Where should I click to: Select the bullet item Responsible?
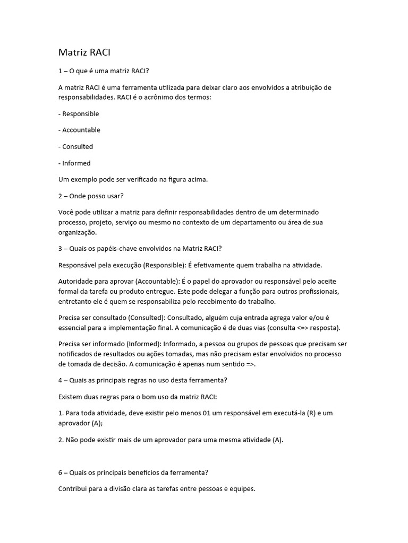[80, 113]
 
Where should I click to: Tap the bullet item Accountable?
[81, 130]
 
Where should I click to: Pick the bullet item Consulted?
[78, 146]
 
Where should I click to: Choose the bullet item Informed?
[76, 163]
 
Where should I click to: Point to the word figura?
[167, 179]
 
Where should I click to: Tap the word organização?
[78, 232]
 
